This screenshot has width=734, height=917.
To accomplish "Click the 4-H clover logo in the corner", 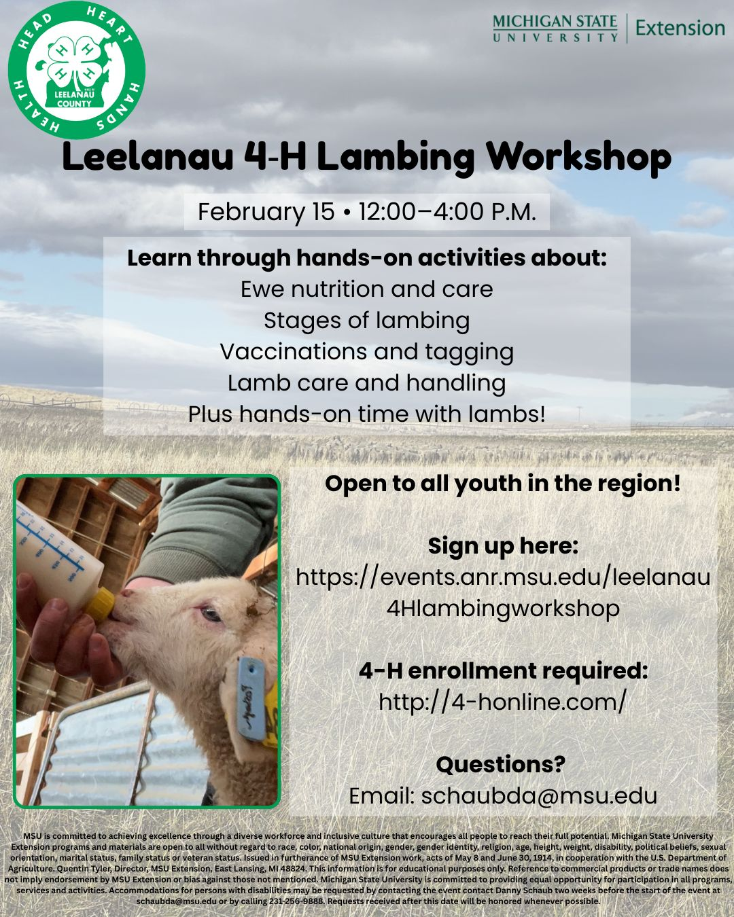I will click(76, 70).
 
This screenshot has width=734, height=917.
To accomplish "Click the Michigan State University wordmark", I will click(555, 29).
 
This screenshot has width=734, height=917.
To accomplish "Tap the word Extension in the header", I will click(680, 29).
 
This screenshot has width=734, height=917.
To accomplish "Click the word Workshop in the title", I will click(578, 157).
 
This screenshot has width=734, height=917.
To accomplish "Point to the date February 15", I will click(266, 212).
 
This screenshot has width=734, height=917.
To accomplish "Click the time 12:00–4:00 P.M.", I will click(447, 212).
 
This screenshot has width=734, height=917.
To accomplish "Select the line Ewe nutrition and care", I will click(366, 289).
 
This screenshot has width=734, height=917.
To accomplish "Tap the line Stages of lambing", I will click(366, 321).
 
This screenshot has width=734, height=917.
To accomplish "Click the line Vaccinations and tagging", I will click(366, 352).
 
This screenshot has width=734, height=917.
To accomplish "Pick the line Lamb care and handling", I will click(366, 383).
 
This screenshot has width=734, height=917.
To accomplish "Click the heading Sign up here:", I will click(503, 546).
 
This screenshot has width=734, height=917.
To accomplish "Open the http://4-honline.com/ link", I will click(503, 702).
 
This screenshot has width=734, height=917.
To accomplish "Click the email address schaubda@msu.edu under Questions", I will click(539, 796).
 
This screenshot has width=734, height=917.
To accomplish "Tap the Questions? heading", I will click(501, 764).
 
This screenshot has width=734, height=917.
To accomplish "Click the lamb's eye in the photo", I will click(211, 614).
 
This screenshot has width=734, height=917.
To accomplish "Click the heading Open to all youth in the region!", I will click(503, 484).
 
